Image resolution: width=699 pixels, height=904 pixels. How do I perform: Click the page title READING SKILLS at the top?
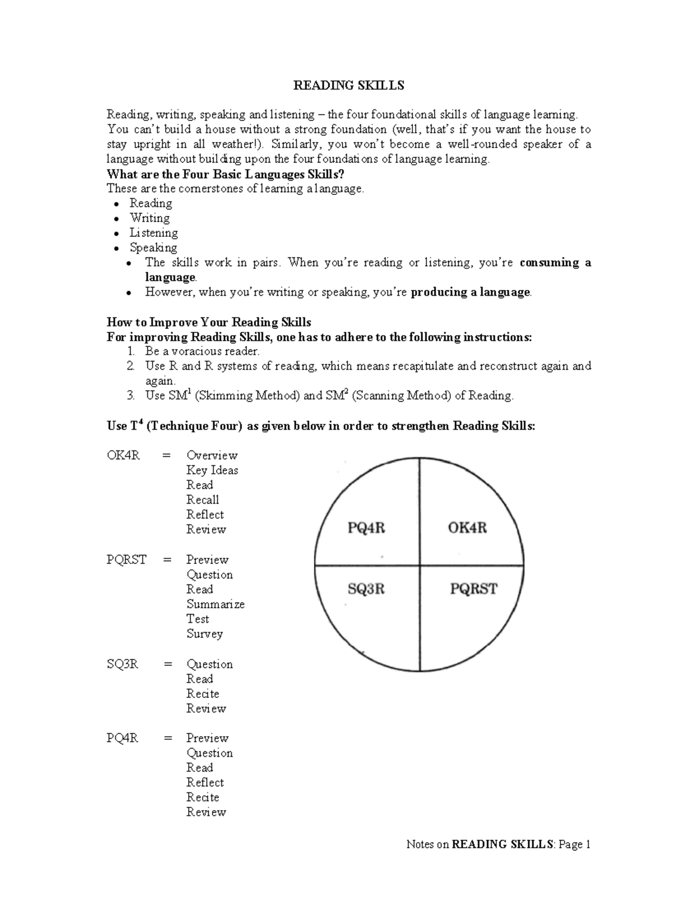(x=348, y=86)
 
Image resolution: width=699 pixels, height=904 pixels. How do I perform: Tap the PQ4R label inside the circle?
(x=366, y=528)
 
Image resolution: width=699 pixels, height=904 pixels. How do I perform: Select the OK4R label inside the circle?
(x=467, y=528)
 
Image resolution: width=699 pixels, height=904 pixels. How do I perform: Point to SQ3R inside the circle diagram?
(x=366, y=589)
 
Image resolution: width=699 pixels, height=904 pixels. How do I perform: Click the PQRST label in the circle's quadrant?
(x=474, y=589)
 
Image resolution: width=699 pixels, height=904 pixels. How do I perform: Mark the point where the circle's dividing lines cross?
(x=419, y=565)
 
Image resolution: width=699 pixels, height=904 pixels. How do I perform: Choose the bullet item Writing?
(x=150, y=218)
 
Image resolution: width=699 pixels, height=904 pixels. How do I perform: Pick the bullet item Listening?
(x=153, y=233)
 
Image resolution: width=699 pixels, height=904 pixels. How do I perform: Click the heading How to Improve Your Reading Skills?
(x=209, y=322)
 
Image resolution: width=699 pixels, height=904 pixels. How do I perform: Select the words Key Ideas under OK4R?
(x=212, y=470)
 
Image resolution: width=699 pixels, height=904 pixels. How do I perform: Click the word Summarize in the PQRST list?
(x=215, y=604)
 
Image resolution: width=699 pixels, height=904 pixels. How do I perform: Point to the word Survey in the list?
(x=204, y=634)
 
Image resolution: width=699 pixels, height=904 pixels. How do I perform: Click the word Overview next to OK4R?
(x=211, y=456)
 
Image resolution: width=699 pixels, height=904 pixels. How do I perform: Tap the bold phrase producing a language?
(x=470, y=292)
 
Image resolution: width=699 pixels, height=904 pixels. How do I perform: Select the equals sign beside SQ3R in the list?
(x=168, y=664)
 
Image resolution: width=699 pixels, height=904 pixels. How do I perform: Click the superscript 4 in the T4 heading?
(x=140, y=422)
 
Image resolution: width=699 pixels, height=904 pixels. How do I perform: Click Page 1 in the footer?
(x=574, y=845)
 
